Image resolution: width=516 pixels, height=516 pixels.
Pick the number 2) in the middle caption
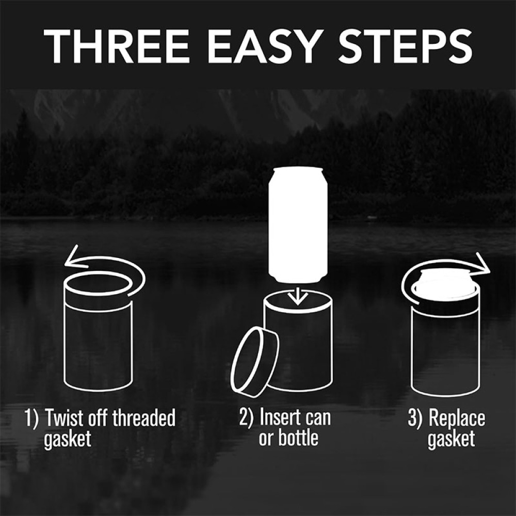[x=247, y=417]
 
